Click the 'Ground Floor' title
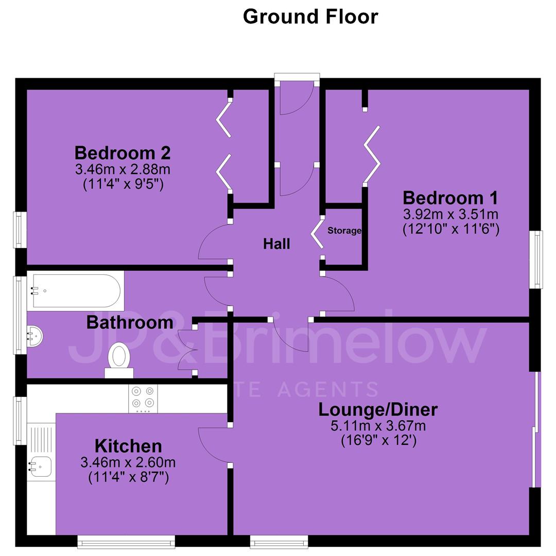pos(310,16)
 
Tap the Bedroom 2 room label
pos(123,153)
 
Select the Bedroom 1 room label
pos(450,198)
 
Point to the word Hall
pos(276,244)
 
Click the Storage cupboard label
pos(344,231)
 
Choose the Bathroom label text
pos(130,323)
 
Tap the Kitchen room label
pos(128,446)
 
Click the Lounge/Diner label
pos(378,410)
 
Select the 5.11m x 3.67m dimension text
pos(378,426)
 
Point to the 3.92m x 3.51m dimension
pos(450,214)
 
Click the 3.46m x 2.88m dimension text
pos(123,169)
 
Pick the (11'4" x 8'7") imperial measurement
pos(128,477)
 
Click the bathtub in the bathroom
pos(75,291)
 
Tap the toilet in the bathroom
pos(119,360)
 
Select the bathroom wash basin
pos(35,336)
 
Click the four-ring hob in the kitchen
pos(143,398)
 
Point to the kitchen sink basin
pos(41,466)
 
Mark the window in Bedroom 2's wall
pos(20,230)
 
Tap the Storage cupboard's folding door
pos(317,234)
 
